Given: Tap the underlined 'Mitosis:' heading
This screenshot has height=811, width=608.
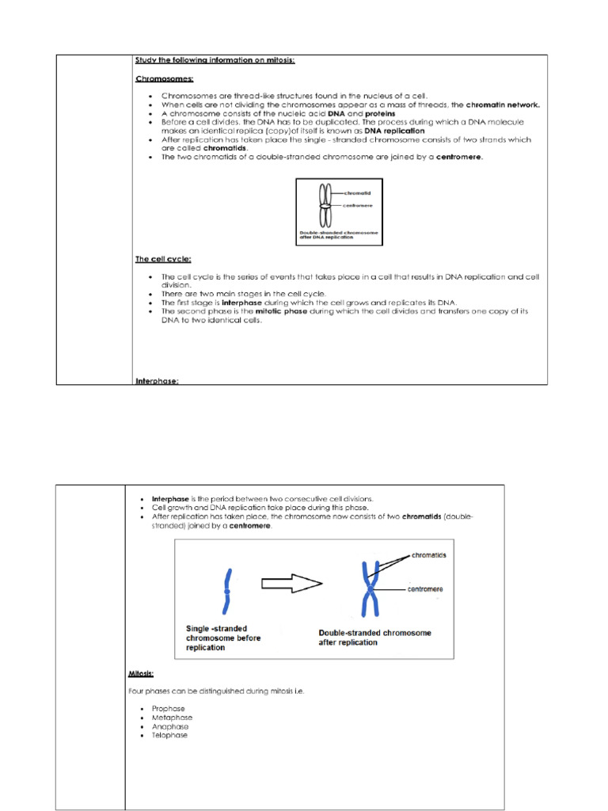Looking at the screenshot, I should click(141, 674).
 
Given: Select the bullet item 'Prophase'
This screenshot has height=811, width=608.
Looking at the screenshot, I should click(168, 709).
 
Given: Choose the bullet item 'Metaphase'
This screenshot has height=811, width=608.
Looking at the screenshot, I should click(170, 718).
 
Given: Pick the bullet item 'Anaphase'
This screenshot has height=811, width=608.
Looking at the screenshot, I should click(169, 726).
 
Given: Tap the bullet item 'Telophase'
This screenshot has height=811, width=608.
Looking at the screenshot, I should click(169, 735).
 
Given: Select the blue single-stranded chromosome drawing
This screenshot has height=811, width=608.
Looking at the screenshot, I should click(227, 591).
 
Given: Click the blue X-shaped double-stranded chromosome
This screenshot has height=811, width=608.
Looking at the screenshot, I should click(368, 589).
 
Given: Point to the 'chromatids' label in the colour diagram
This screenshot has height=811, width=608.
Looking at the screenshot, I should click(429, 555).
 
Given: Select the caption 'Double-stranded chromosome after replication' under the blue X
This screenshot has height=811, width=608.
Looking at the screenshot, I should click(374, 638).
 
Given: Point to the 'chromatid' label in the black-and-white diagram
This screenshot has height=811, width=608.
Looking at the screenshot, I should click(358, 192).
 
